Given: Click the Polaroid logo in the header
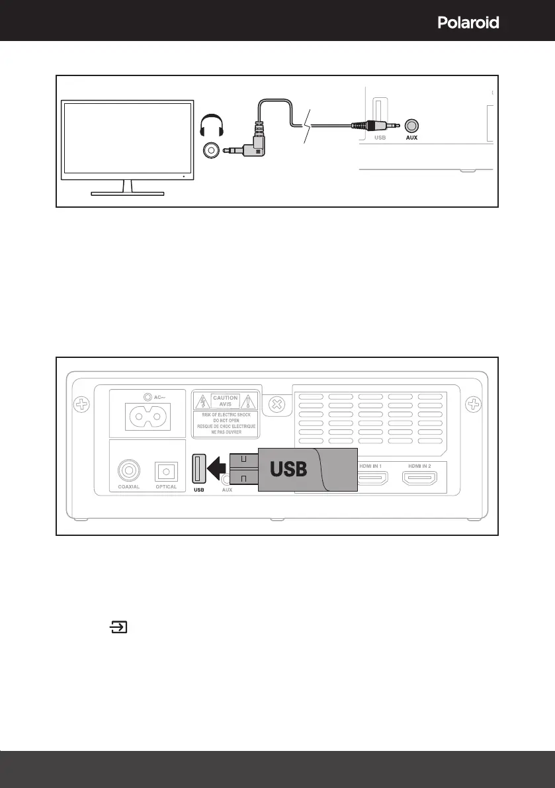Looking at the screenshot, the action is (x=468, y=22).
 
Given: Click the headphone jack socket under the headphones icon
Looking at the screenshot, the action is (x=211, y=151).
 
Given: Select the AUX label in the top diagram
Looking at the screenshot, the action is (x=411, y=139).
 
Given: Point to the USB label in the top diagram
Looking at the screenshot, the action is (x=380, y=139).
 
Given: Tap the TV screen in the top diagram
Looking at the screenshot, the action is (x=128, y=139).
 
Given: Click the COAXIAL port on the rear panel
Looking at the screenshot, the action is (x=128, y=470).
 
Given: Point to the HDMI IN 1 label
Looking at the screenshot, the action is (x=374, y=466).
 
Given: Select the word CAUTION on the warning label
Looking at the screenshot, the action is (x=226, y=399).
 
